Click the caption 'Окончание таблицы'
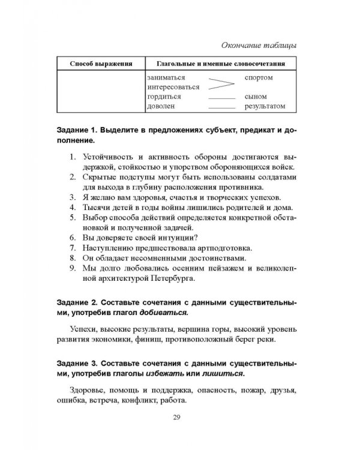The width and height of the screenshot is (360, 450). coord(259,46)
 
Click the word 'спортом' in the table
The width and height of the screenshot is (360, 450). coord(259,78)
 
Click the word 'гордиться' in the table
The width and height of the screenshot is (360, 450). coord(164,97)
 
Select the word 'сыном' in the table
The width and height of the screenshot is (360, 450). coord(256,97)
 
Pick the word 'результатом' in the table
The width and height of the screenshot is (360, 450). coord(265,106)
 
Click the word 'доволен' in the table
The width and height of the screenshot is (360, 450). coord(160,106)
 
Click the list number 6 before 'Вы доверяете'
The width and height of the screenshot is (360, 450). coord(70,237)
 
